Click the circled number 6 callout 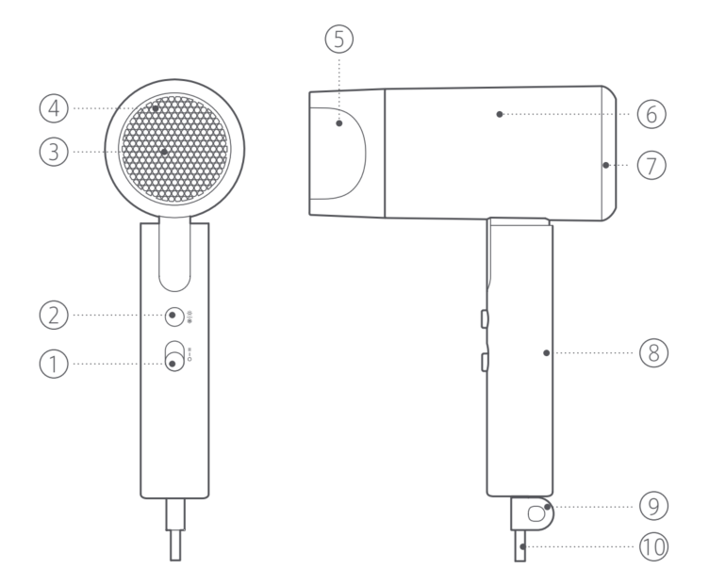coord(651,114)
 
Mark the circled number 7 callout coord(651,164)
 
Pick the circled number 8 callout coord(651,352)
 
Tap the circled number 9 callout coord(651,507)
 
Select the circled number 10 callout coord(651,546)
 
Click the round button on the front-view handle coord(173,315)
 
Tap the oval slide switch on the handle coord(173,357)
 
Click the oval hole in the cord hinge coord(537,514)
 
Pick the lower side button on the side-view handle coord(484,360)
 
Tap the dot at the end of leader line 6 coord(500,114)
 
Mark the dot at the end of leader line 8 coord(546,352)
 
